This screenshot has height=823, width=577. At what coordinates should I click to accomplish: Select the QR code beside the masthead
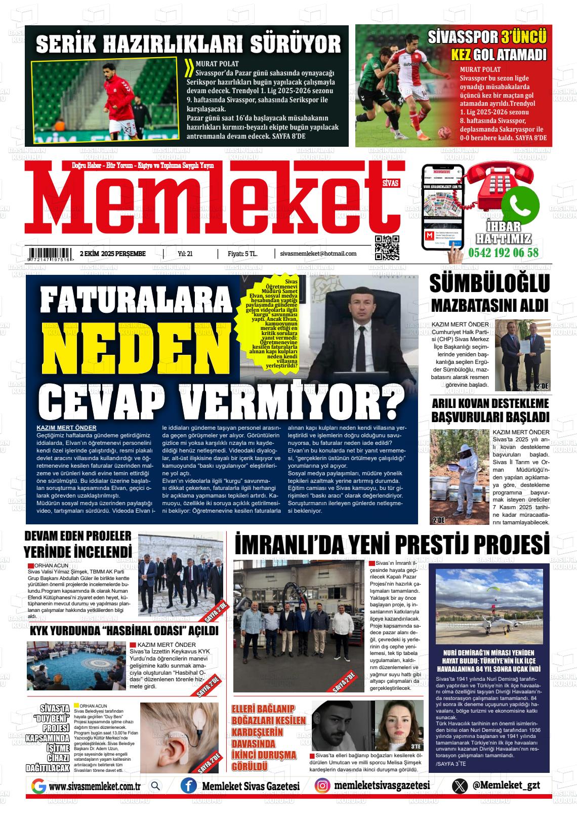coord(387,248)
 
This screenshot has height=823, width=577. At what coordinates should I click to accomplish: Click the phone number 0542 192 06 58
coord(504,253)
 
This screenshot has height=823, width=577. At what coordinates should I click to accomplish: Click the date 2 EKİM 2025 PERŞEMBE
coord(112,254)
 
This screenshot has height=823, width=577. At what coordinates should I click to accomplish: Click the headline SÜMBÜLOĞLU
coord(489,284)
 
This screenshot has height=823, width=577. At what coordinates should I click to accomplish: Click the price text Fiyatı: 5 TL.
coord(243,254)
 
